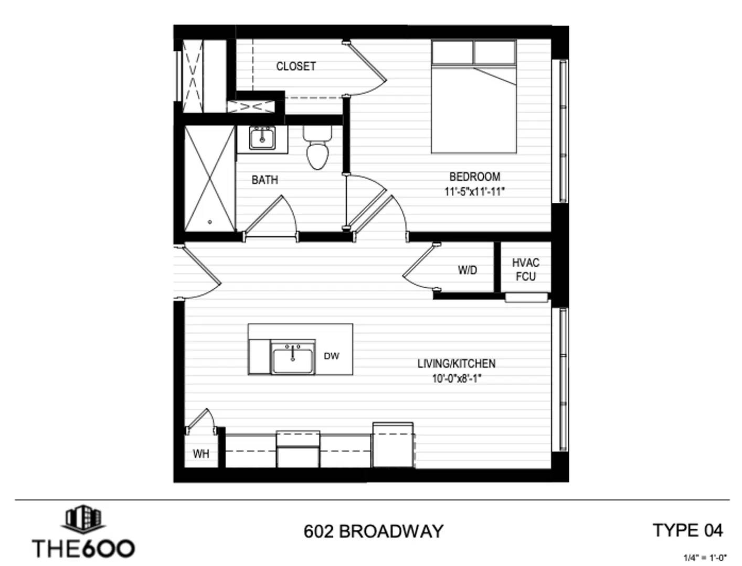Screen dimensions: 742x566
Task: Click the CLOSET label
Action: [x=296, y=66]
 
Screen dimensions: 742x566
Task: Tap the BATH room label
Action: [x=264, y=180]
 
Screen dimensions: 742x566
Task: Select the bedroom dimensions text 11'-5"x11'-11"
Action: [x=474, y=192]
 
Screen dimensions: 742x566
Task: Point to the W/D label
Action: [x=468, y=270]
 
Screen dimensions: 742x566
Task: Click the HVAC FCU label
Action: [x=526, y=270]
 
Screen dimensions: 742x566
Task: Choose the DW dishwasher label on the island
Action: [x=331, y=356]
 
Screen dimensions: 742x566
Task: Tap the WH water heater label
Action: [x=201, y=454]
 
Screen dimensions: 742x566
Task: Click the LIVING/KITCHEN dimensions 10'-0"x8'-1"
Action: [x=457, y=379]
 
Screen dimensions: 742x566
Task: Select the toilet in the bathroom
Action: [x=317, y=147]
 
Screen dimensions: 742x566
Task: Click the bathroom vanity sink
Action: [x=262, y=138]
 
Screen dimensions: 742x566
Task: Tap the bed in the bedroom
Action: [x=474, y=97]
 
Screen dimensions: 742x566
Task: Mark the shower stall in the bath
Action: [x=209, y=179]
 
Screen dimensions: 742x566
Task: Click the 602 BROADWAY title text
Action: [x=373, y=531]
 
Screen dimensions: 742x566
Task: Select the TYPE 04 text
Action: [x=687, y=530]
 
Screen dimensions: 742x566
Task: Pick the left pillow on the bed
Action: [x=452, y=52]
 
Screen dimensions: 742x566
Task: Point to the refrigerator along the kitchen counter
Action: [x=393, y=445]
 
